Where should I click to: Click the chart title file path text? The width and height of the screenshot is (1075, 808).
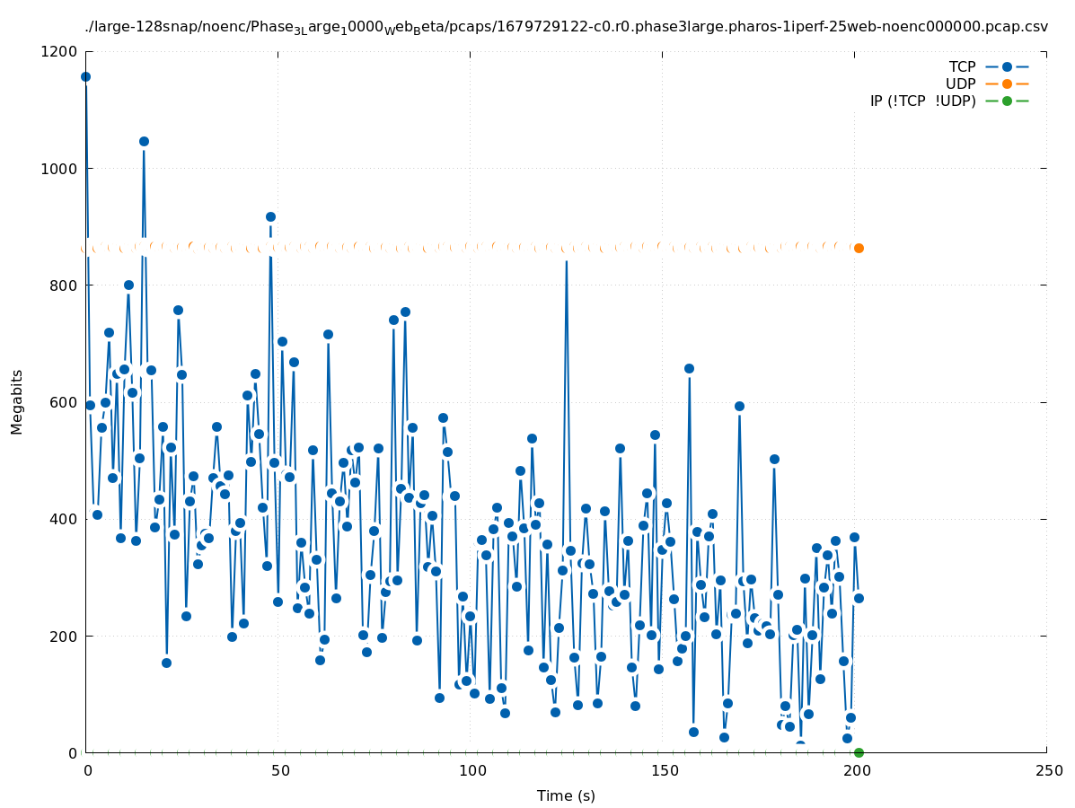tap(566, 27)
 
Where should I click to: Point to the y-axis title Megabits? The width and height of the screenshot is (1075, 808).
tap(17, 401)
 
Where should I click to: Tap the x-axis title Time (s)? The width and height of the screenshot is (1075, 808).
tap(566, 795)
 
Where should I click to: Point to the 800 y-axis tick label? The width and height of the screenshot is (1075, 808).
tap(63, 285)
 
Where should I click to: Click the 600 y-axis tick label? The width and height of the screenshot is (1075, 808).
tap(63, 402)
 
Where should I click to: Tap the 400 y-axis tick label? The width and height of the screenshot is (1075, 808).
tap(63, 519)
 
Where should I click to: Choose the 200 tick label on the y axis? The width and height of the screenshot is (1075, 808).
tap(63, 636)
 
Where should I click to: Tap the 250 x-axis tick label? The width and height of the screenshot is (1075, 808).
tap(1046, 771)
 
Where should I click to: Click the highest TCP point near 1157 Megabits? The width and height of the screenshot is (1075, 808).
tap(85, 76)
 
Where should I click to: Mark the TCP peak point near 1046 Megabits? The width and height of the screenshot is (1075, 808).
tap(144, 141)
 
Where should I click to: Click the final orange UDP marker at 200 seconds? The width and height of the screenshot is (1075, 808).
tap(859, 248)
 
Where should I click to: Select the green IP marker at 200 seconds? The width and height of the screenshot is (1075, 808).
tap(859, 752)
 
